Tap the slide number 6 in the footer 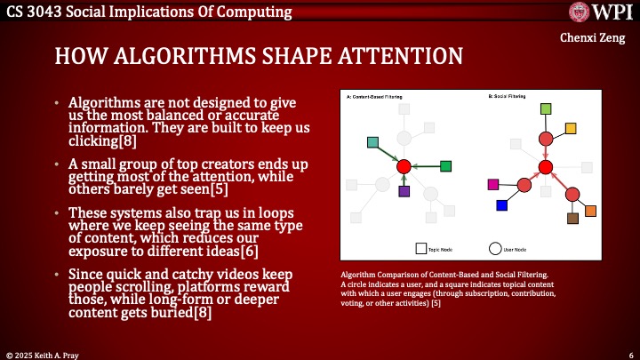pos(629,353)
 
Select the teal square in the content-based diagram pos(373,142)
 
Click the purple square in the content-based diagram pos(404,190)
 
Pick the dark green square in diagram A pos(445,165)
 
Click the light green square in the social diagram pos(546,108)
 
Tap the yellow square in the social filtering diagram pos(571,128)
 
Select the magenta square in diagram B pos(494,184)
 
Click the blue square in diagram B pos(501,205)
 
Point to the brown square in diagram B pos(573,218)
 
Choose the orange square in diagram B pos(590,211)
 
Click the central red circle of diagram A pos(404,166)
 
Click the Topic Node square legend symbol pos(420,249)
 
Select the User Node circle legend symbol pos(495,249)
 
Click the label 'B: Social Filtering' pos(508,95)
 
